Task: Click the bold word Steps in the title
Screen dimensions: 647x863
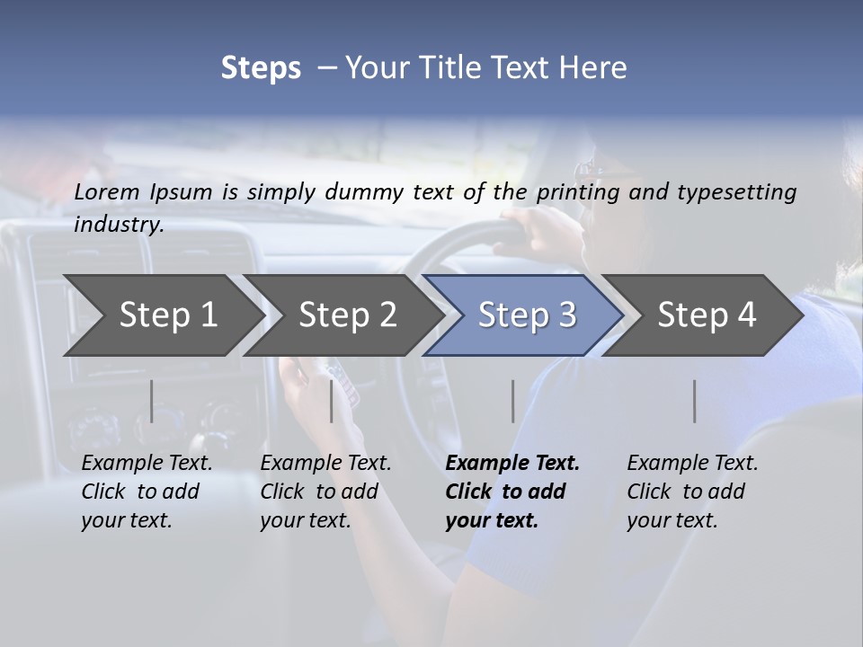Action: click(x=261, y=68)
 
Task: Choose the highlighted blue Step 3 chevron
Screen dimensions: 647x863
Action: click(x=526, y=315)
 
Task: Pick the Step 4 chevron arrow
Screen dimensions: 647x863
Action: click(x=706, y=315)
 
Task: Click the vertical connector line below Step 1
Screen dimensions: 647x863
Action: click(x=151, y=401)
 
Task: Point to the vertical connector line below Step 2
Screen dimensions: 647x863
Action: click(x=332, y=401)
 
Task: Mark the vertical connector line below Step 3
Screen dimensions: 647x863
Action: click(x=512, y=401)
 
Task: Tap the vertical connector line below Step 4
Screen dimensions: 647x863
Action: click(x=694, y=401)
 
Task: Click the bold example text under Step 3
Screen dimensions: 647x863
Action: click(x=511, y=492)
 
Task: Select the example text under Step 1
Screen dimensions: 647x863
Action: click(x=146, y=492)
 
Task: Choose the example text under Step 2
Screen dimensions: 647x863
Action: click(x=325, y=492)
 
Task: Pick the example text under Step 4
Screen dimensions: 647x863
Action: click(x=691, y=492)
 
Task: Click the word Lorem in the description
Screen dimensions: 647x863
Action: click(x=107, y=191)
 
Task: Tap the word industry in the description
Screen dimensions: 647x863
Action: click(x=118, y=225)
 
